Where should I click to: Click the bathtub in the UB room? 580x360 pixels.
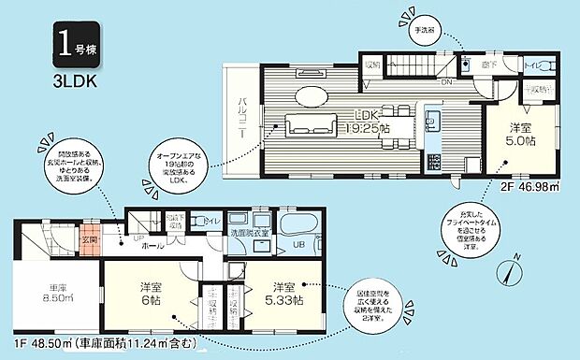pyautogui.click(x=300, y=225)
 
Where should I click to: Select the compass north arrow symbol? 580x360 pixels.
pyautogui.click(x=506, y=271)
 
